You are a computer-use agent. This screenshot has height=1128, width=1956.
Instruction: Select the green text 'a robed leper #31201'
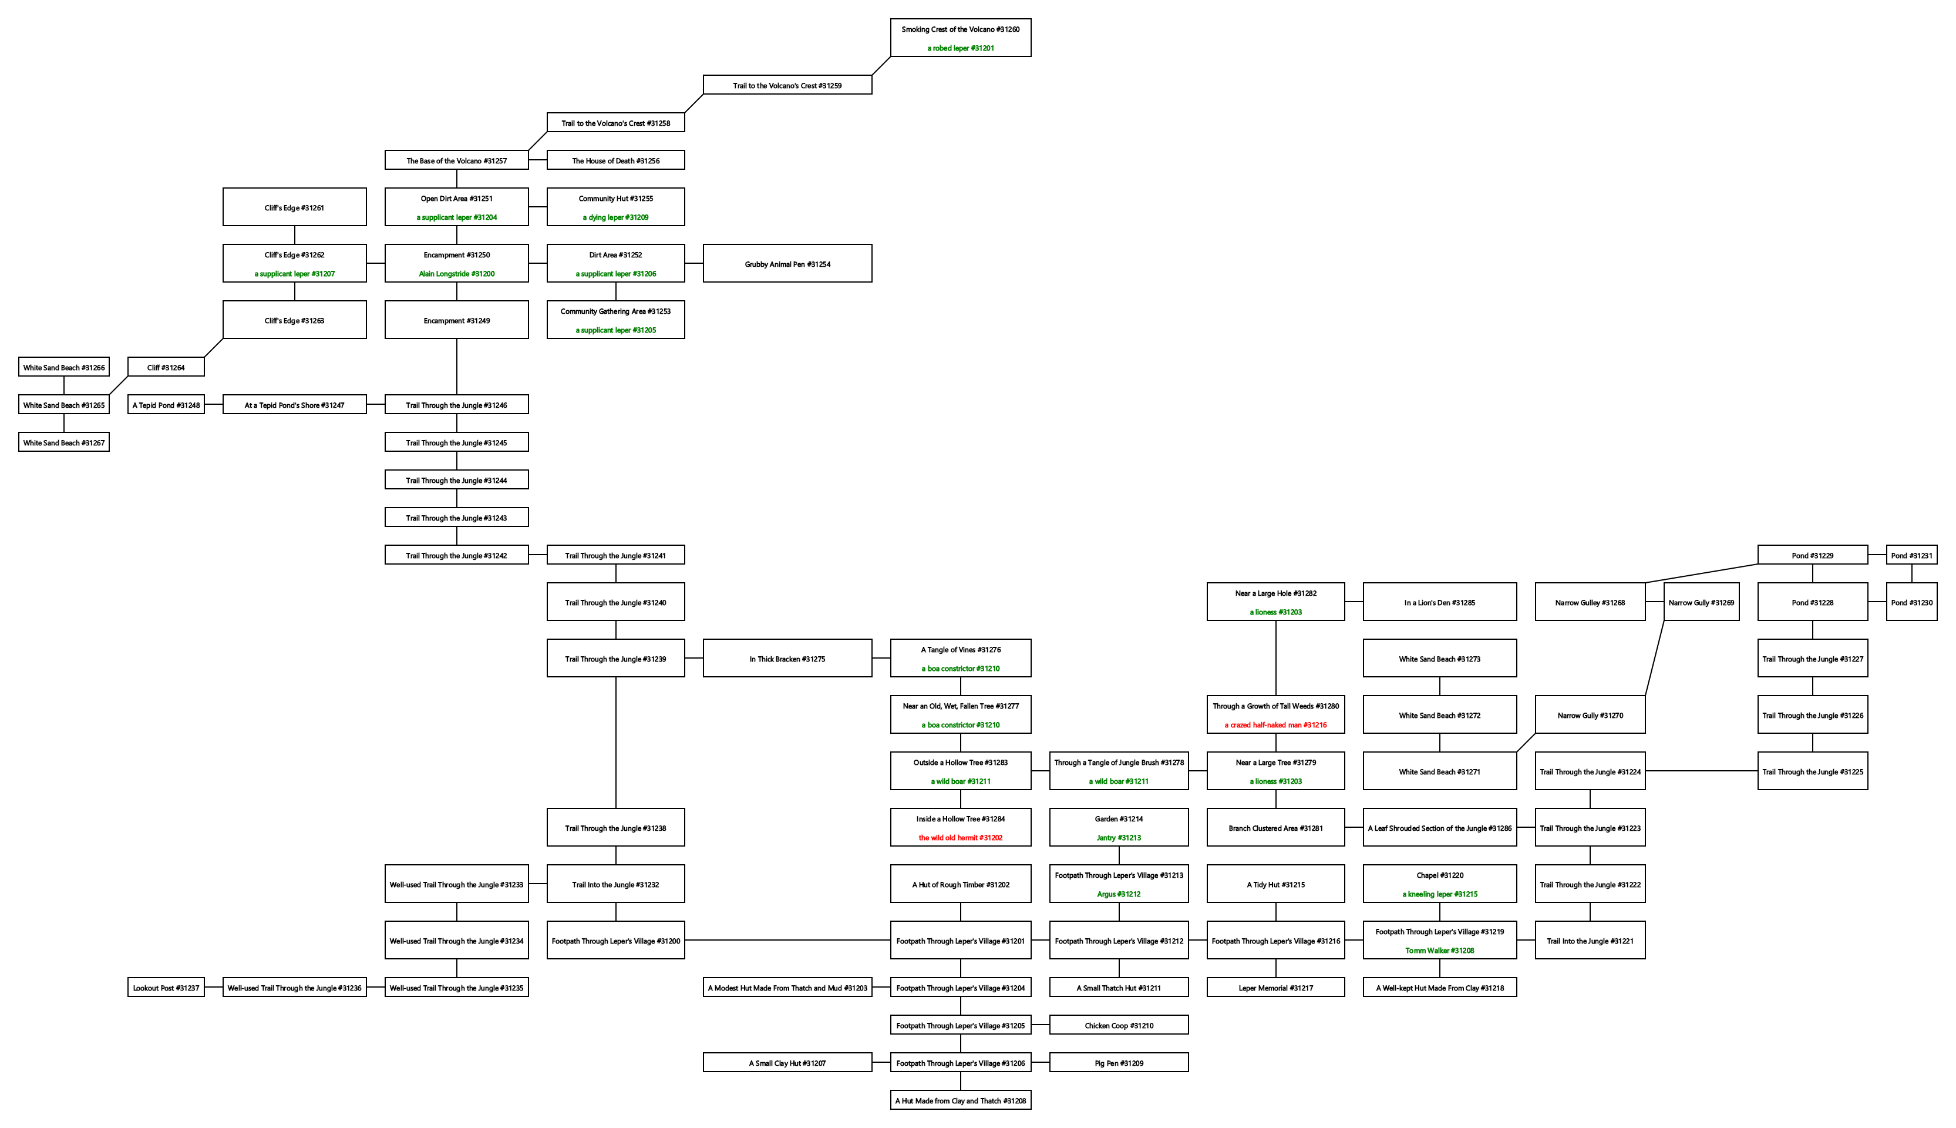(960, 48)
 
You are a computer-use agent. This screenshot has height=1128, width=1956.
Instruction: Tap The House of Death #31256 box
(615, 160)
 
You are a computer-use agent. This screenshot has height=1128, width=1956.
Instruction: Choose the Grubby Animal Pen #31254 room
(787, 264)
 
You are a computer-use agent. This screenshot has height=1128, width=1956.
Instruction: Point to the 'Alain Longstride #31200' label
(456, 273)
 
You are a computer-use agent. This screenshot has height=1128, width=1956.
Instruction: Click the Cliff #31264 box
(166, 367)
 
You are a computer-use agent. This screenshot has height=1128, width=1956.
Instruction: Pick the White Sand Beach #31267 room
(63, 442)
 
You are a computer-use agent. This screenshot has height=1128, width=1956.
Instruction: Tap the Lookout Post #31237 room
(166, 988)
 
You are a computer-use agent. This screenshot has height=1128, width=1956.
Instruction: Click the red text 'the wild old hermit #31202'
(960, 837)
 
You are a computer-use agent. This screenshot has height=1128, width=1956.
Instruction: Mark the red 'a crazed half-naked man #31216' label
(1275, 725)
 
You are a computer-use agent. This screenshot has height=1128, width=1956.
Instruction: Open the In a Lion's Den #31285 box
(1439, 602)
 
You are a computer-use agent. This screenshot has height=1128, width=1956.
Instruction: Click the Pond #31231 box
(1911, 555)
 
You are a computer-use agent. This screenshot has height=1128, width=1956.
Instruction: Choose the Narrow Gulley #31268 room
(1590, 602)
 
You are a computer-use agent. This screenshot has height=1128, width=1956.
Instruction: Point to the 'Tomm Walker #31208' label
(1439, 951)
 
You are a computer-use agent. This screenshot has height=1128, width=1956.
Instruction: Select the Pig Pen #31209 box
(1119, 1063)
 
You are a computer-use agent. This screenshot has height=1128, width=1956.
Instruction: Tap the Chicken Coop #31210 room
(1119, 1025)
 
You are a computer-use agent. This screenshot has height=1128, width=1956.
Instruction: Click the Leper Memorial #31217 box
(1275, 988)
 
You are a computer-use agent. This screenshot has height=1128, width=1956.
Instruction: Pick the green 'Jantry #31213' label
(1119, 837)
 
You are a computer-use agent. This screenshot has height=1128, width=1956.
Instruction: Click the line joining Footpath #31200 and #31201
(787, 941)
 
